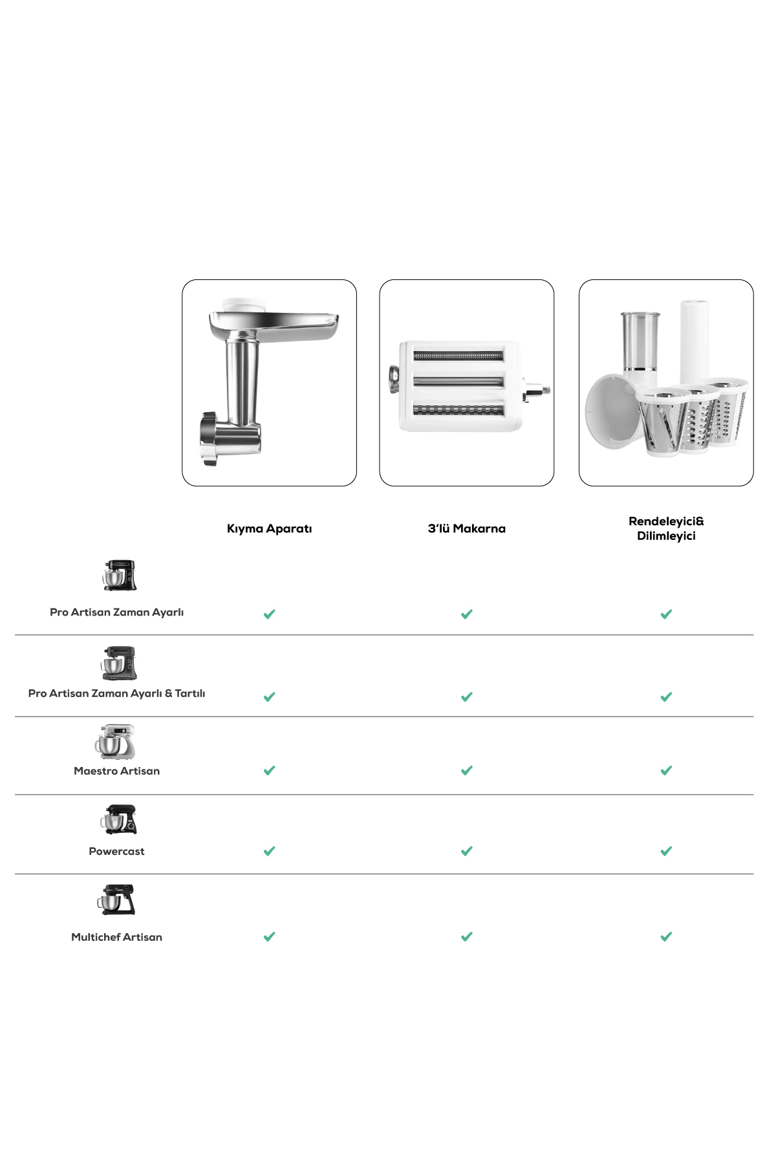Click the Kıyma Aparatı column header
coord(269,528)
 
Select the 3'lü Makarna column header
coord(466,528)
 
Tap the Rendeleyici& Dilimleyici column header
coord(666,528)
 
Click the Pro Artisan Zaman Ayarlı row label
coord(116,612)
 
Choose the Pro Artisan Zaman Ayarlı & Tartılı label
coord(116,693)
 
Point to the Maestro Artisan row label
coord(116,771)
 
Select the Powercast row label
coord(116,851)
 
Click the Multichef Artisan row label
coord(116,937)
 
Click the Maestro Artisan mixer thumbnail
coord(116,741)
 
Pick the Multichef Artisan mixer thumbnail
coord(116,900)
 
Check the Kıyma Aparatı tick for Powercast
coord(270,851)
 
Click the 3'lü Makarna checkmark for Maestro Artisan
coord(467,770)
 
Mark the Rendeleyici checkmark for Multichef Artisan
coord(666,936)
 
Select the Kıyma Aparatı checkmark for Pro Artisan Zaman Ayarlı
coord(270,614)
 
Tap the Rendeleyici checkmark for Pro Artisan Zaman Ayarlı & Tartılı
coord(666,696)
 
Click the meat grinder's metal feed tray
coord(285,323)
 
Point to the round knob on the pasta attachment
coord(393,380)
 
